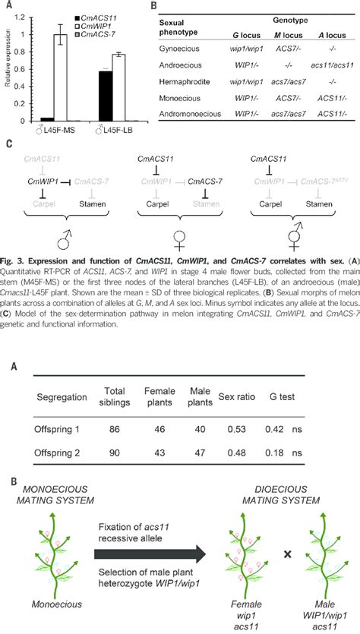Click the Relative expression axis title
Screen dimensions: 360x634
click(7, 72)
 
